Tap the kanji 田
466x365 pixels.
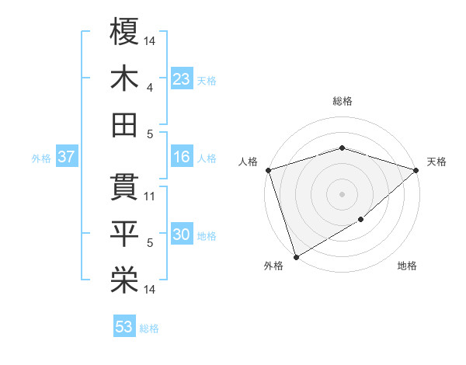tap(124, 124)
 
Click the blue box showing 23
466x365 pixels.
tap(181, 78)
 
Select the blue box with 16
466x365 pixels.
tap(181, 158)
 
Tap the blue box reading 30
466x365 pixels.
tap(181, 235)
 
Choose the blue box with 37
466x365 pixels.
tap(67, 158)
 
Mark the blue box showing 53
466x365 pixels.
tap(124, 326)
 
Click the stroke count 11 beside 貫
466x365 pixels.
tap(151, 196)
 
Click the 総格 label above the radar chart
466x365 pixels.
tap(342, 101)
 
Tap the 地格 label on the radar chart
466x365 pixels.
tap(407, 266)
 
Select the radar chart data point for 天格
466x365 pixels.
tap(416, 170)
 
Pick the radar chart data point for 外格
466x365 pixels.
tap(296, 256)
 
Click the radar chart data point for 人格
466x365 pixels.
tap(268, 170)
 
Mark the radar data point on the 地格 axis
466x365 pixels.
tap(361, 221)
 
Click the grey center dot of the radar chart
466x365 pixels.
tap(342, 194)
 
